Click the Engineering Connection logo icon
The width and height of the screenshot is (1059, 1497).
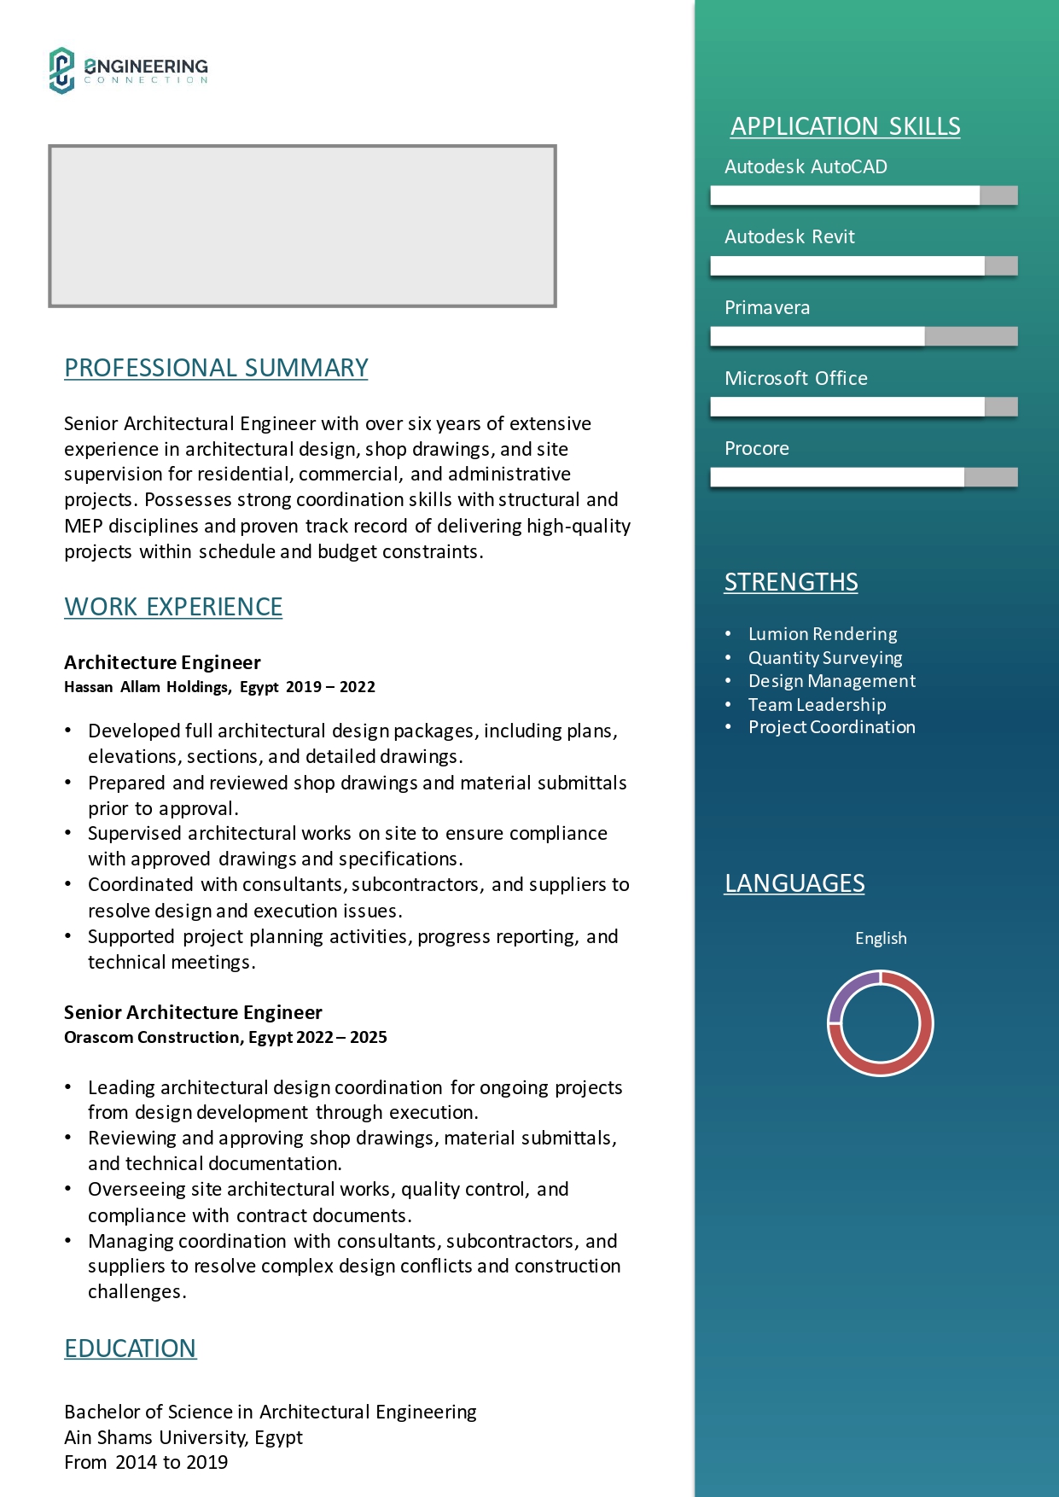point(61,70)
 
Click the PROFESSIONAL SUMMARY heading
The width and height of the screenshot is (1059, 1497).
point(216,368)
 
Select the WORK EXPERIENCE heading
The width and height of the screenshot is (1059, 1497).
point(173,607)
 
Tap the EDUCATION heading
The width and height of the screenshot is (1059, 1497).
point(131,1348)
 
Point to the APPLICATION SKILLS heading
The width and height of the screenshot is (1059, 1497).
point(845,126)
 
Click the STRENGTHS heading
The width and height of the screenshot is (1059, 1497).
point(791,582)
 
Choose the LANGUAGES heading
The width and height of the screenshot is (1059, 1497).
point(794,883)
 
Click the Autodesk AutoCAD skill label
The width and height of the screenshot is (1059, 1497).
point(806,166)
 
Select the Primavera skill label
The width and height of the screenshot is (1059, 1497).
point(767,307)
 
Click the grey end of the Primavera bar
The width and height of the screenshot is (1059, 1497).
point(971,336)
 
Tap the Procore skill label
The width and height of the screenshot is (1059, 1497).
point(757,448)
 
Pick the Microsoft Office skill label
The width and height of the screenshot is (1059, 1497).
point(796,378)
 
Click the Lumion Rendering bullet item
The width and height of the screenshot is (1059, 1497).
point(823,634)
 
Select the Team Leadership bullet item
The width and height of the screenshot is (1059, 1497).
point(817,705)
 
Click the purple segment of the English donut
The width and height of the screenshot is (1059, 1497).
point(849,990)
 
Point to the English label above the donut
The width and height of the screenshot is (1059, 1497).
point(881,938)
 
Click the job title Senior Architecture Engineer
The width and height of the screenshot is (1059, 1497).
point(193,1012)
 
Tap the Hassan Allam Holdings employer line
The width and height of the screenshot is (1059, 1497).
point(219,687)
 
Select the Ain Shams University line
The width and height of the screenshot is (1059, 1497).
point(183,1437)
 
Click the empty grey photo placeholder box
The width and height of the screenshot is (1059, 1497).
point(302,225)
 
